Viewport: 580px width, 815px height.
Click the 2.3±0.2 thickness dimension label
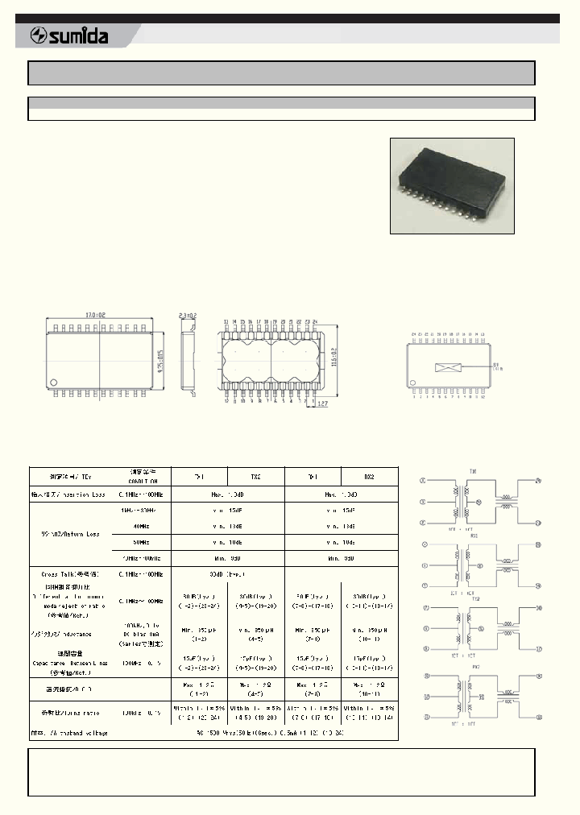point(188,316)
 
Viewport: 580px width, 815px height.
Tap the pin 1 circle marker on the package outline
point(54,382)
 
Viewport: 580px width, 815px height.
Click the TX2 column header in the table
point(256,476)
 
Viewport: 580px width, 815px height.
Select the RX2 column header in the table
point(370,476)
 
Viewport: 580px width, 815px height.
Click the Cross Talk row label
point(68,573)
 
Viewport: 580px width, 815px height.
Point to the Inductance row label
point(68,634)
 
